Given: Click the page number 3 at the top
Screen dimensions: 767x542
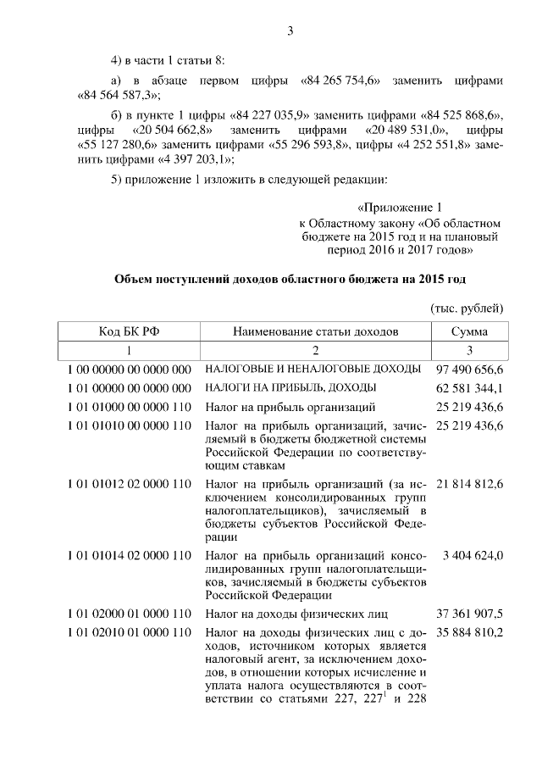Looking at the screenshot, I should click(x=290, y=32).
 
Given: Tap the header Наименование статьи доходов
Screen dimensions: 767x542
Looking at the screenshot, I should click(x=315, y=331).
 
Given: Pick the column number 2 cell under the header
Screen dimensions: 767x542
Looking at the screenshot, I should click(x=315, y=350).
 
